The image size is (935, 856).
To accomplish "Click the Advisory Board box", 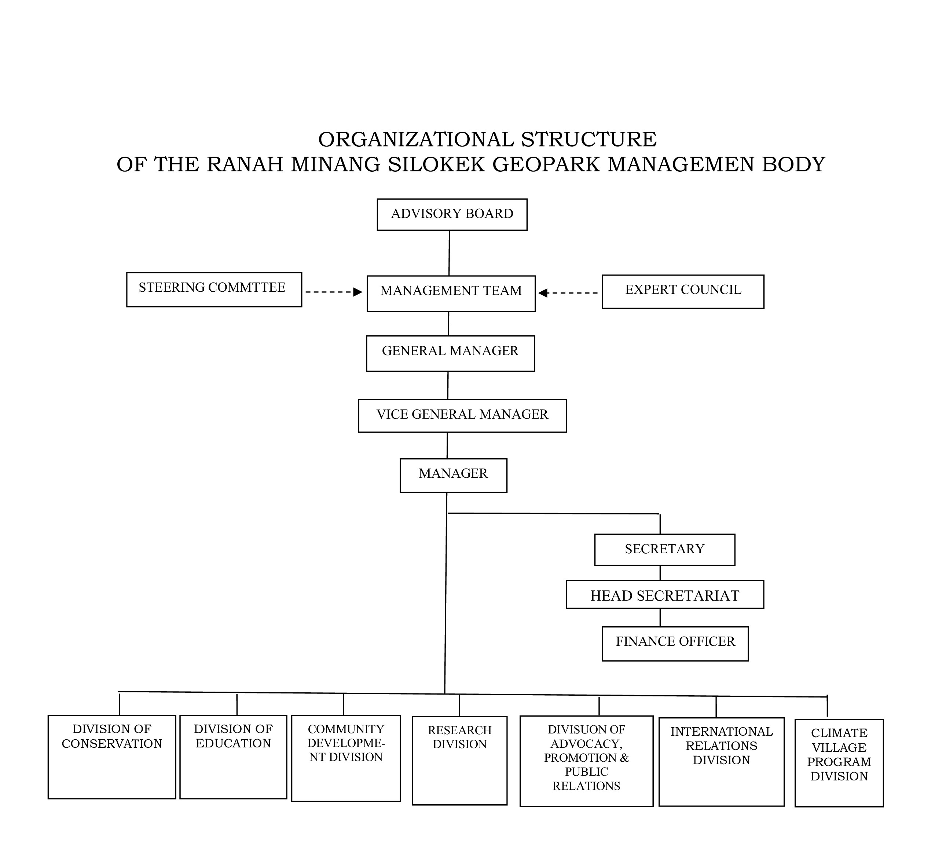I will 452,215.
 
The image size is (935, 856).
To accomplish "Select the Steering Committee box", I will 214,289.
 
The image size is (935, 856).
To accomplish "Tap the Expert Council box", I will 683,292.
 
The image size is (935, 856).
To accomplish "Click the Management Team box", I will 451,294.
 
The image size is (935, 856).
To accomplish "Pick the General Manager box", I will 450,353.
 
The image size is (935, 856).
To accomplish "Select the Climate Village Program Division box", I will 839,763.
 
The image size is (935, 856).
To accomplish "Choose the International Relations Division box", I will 721,761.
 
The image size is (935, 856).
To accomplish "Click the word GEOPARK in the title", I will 546,164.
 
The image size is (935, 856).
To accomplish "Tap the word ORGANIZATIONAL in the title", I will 415,139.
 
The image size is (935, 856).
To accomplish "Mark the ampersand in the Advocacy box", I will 624,758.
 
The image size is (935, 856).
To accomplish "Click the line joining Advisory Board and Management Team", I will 449,253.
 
